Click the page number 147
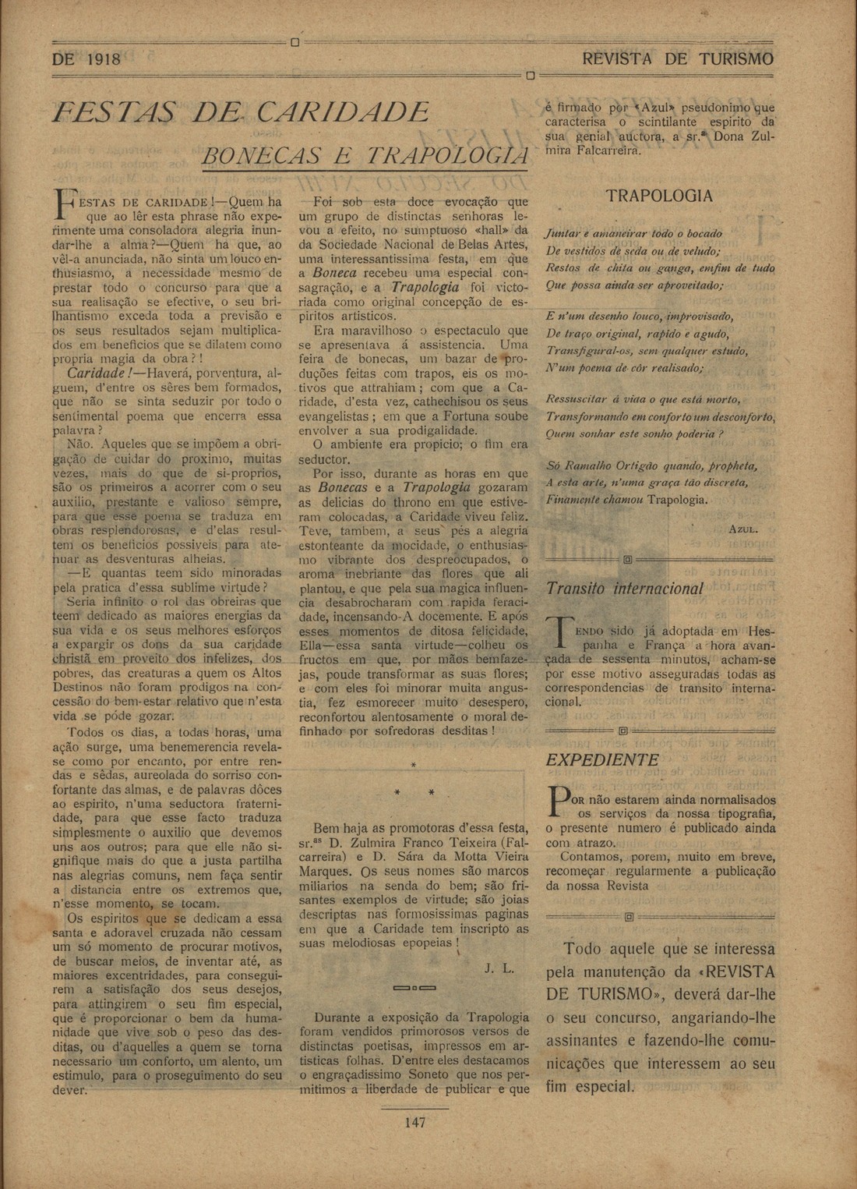coord(414,1123)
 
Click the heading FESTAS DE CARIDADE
coord(241,111)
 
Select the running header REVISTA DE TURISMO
coord(678,59)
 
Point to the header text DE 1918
coord(86,59)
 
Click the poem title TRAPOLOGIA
coord(659,196)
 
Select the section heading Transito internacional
coord(624,589)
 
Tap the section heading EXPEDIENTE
coord(602,760)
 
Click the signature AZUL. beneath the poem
coord(742,529)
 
